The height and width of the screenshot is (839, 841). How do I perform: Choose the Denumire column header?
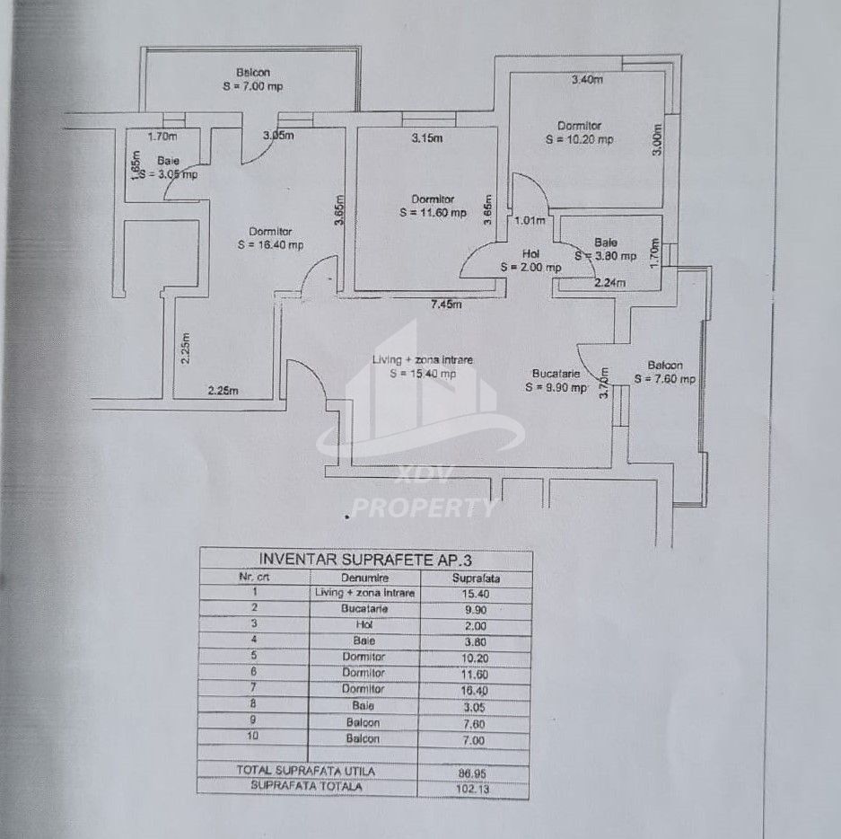point(364,578)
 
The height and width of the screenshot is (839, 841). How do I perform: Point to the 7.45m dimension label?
point(446,305)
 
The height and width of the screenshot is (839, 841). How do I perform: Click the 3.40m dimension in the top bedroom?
point(587,80)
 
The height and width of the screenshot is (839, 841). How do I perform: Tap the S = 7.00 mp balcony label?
point(252,87)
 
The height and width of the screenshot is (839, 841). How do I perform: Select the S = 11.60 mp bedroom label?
point(434,213)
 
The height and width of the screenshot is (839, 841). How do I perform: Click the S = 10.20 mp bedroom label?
point(580,140)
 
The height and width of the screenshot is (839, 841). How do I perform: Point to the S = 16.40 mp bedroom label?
point(270,244)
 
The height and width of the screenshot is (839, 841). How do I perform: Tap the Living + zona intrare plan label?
point(422,360)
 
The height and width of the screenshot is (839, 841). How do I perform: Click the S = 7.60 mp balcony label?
point(665,379)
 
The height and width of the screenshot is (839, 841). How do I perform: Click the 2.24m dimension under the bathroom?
point(609,283)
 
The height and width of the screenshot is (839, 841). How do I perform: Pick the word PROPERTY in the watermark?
point(422,508)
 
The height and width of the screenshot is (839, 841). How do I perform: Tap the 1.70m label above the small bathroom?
point(162,137)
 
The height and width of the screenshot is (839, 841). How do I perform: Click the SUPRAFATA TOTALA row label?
point(306,787)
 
